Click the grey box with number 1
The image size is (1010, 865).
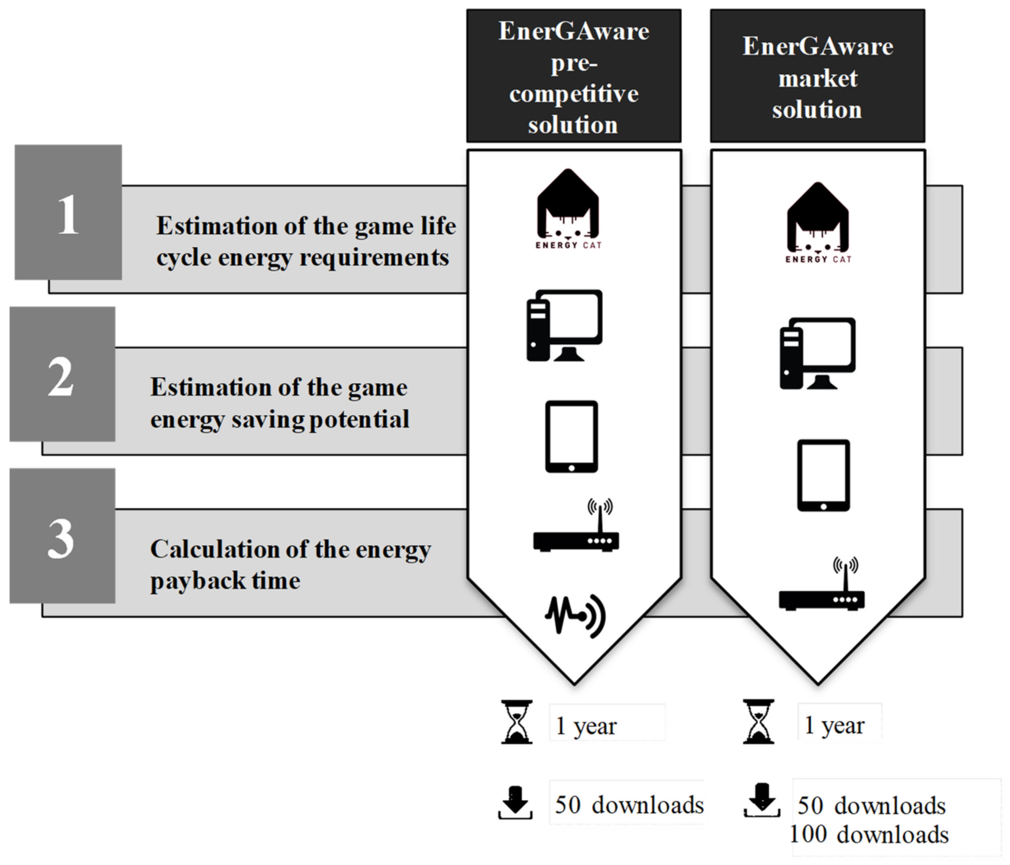pos(68,212)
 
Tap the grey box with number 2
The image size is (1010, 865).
pos(62,374)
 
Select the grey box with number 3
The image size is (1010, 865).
pos(62,536)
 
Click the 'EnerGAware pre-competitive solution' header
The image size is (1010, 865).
pos(574,76)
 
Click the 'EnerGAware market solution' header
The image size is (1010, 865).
pos(818,76)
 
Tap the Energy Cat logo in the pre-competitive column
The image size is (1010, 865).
pos(568,210)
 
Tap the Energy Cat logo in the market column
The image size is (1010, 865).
pos(818,223)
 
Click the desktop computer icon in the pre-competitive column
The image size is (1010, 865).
pos(565,326)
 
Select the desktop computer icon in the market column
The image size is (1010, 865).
pos(818,353)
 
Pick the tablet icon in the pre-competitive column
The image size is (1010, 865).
pos(571,436)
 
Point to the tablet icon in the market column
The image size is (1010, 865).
pos(823,475)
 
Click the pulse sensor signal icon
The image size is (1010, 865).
pos(575,615)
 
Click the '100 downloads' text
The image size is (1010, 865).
pos(869,835)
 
